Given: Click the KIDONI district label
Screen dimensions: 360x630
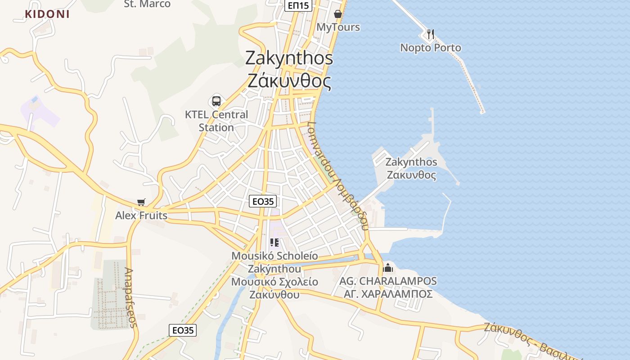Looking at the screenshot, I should coord(47,14).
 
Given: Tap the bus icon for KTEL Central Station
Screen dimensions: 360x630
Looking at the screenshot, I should coord(216,101).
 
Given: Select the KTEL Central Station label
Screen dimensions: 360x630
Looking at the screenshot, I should coord(216,121).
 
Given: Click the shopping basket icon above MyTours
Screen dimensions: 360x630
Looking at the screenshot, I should coord(338,14).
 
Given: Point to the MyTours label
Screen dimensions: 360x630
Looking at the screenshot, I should coord(338,27).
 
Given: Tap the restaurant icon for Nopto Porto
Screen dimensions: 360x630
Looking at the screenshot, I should coord(430,34).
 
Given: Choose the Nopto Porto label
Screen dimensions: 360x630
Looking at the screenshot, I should coord(431,48).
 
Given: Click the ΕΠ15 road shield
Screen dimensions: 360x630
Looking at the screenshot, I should coord(298,5).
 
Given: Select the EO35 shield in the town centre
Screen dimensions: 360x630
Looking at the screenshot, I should coord(263,201).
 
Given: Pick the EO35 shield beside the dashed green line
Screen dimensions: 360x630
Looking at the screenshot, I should coord(183,330).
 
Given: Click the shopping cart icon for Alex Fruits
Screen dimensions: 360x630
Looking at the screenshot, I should coord(141,202).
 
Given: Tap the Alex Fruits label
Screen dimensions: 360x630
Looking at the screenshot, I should coord(141,216).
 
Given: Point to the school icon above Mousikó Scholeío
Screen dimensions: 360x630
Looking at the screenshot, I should coord(274,243).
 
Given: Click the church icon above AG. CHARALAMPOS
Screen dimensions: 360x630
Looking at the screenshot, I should coord(388,268).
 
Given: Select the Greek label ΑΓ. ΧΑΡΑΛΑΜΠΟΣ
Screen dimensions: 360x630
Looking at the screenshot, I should coord(388,294).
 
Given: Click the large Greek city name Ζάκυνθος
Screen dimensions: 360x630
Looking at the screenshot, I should coord(289,81).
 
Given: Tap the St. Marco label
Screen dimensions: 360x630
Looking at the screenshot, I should coord(147,4).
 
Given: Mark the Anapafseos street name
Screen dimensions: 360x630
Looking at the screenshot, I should coord(130,297).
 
